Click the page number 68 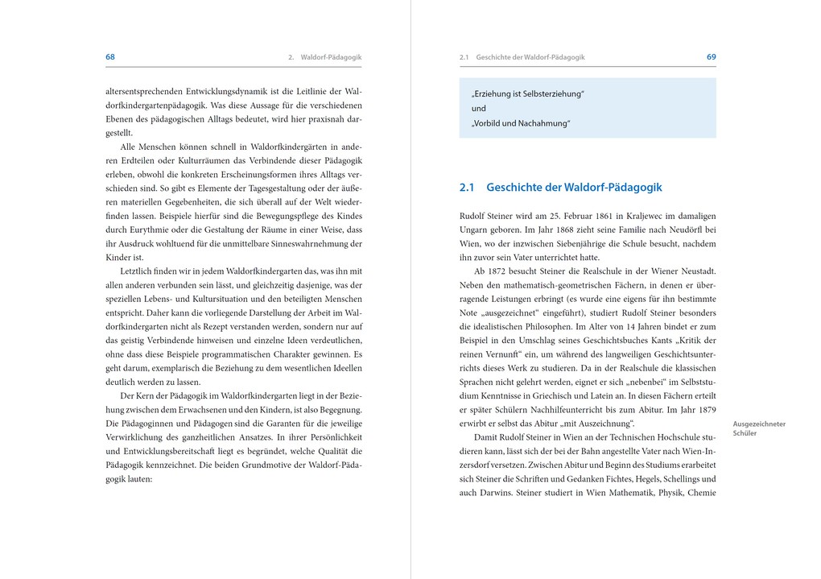point(110,57)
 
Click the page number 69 point(711,57)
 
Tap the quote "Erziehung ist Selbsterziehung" point(528,93)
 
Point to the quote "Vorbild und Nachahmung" point(521,123)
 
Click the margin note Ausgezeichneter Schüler point(759,428)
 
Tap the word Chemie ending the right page point(701,493)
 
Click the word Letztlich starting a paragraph point(139,271)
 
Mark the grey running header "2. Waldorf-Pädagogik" point(324,58)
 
